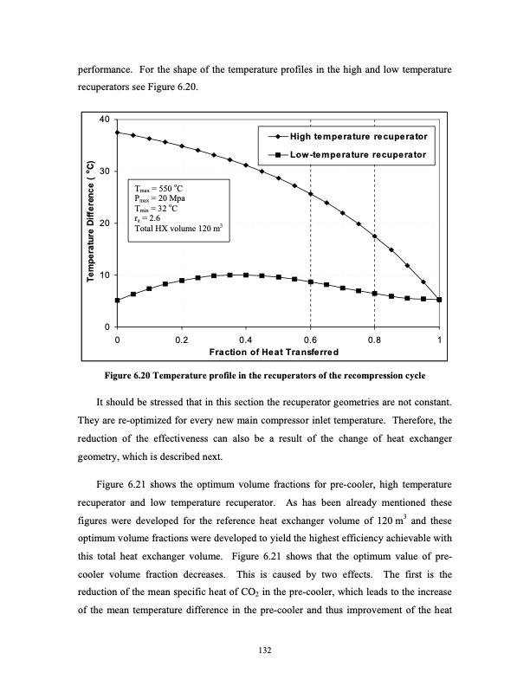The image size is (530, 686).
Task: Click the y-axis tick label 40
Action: (x=105, y=120)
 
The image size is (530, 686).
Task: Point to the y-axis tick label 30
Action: (x=105, y=171)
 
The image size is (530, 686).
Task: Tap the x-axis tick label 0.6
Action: (x=310, y=340)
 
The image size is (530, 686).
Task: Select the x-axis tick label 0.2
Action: (x=181, y=340)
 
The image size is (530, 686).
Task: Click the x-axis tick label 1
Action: (x=440, y=340)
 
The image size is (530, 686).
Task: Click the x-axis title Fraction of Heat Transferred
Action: (x=278, y=352)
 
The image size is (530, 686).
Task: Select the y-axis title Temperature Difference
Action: (x=89, y=223)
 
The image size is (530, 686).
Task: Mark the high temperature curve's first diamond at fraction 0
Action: (x=117, y=133)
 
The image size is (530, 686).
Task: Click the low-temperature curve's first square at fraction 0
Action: (x=117, y=301)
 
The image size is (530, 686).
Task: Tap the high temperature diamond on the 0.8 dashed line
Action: (x=374, y=236)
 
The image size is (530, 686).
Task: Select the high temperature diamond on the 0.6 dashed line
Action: (x=310, y=194)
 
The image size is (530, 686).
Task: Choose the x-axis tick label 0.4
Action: (x=246, y=340)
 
